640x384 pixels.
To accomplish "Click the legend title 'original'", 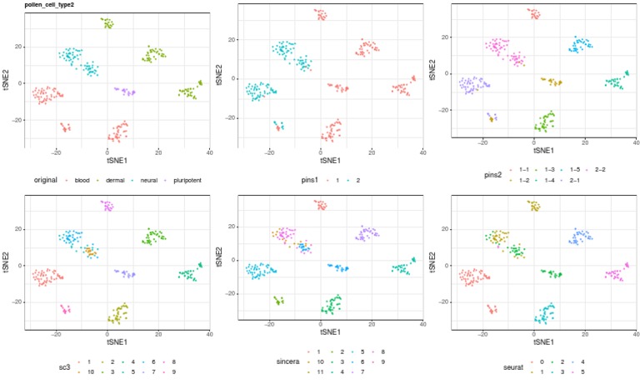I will [x=47, y=180].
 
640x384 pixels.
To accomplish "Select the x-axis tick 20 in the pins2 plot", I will [x=585, y=141].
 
